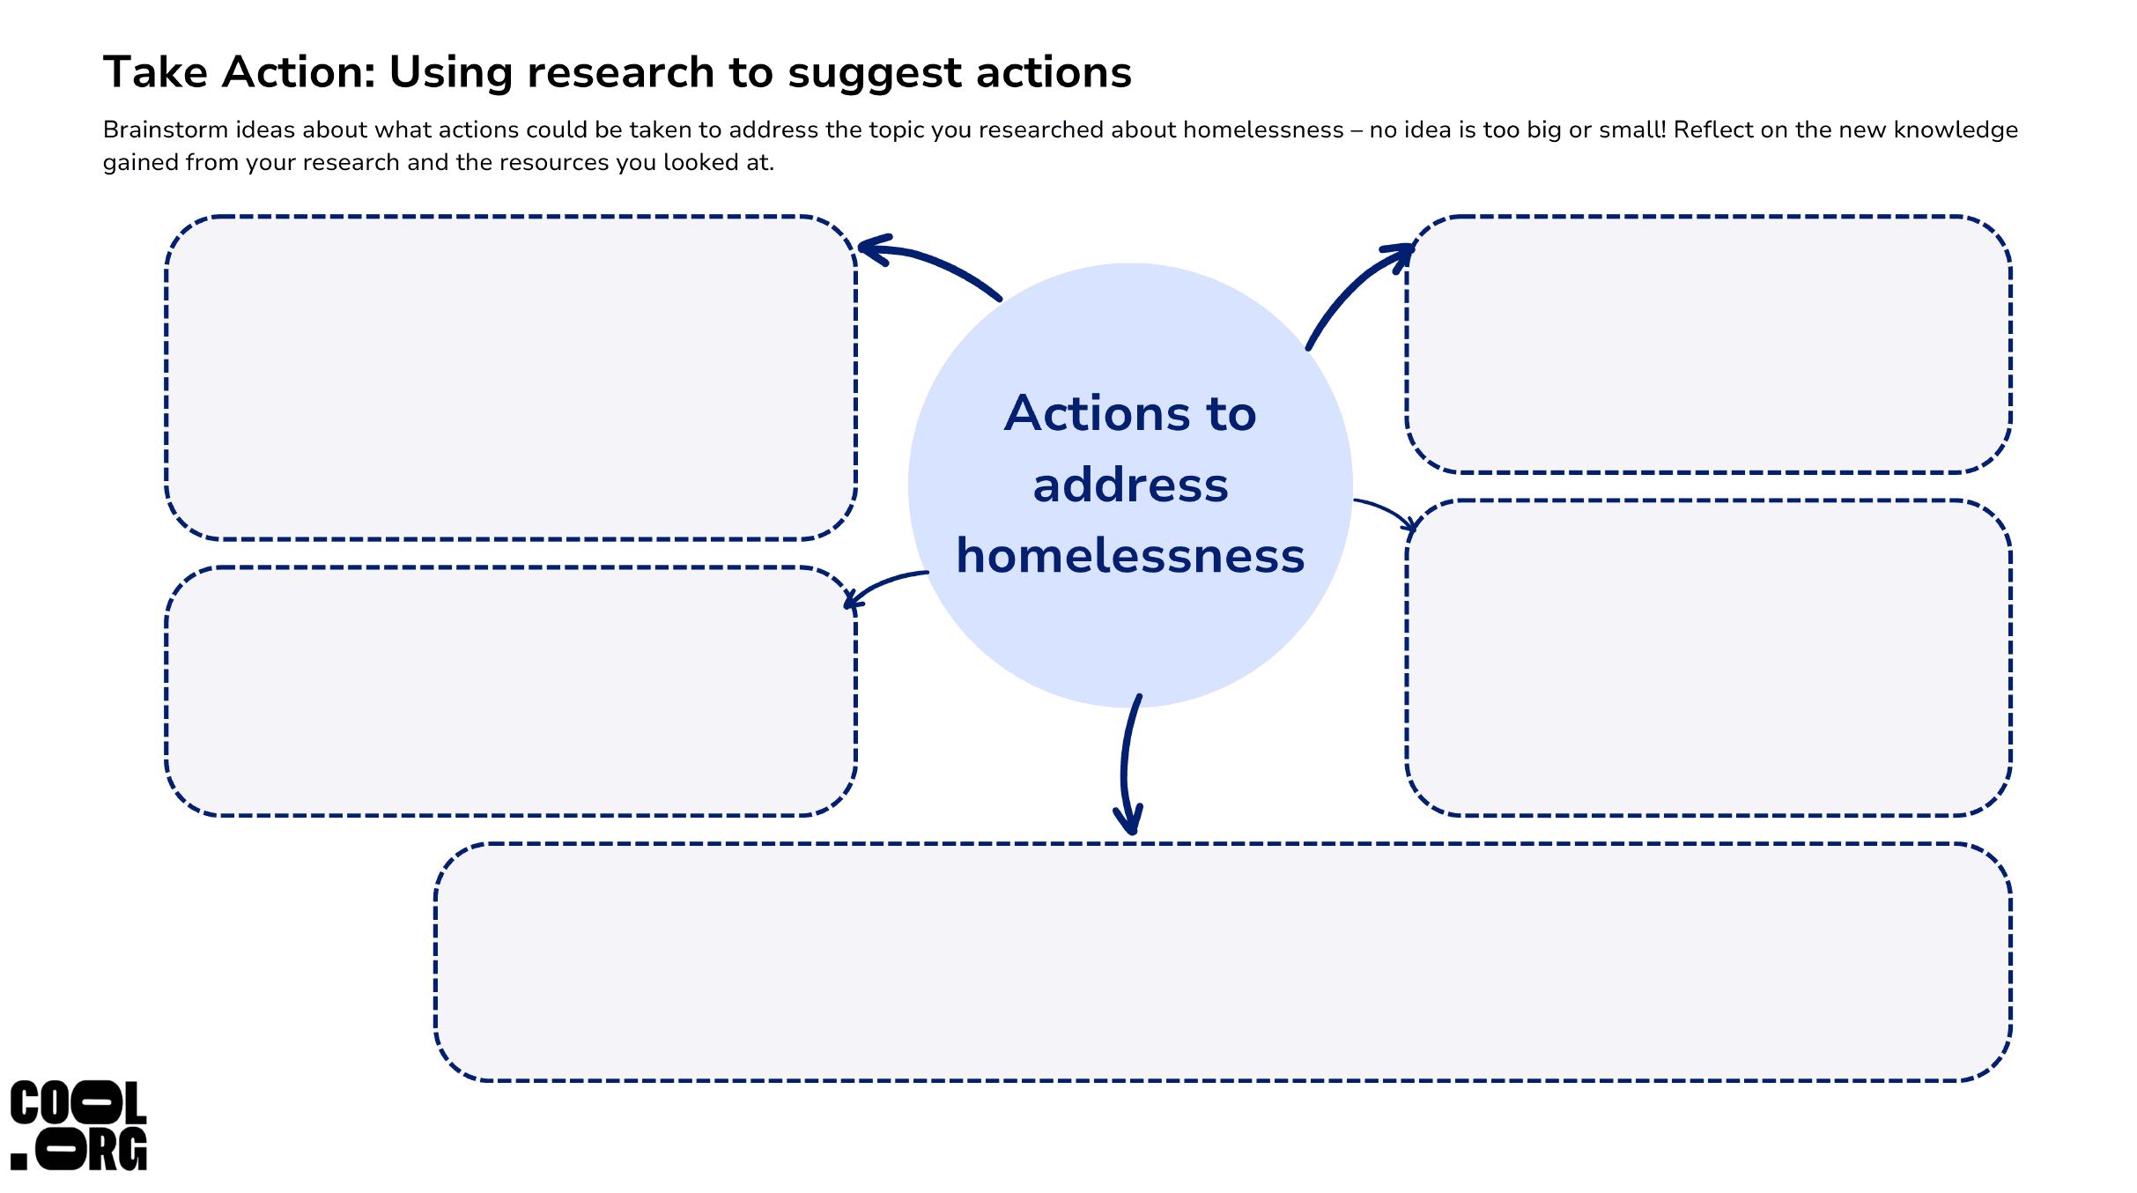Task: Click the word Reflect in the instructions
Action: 1712,130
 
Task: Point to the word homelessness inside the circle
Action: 1130,556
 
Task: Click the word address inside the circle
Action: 1130,485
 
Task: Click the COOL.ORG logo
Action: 78,1125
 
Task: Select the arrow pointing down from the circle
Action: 1126,763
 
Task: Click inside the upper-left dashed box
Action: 511,378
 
